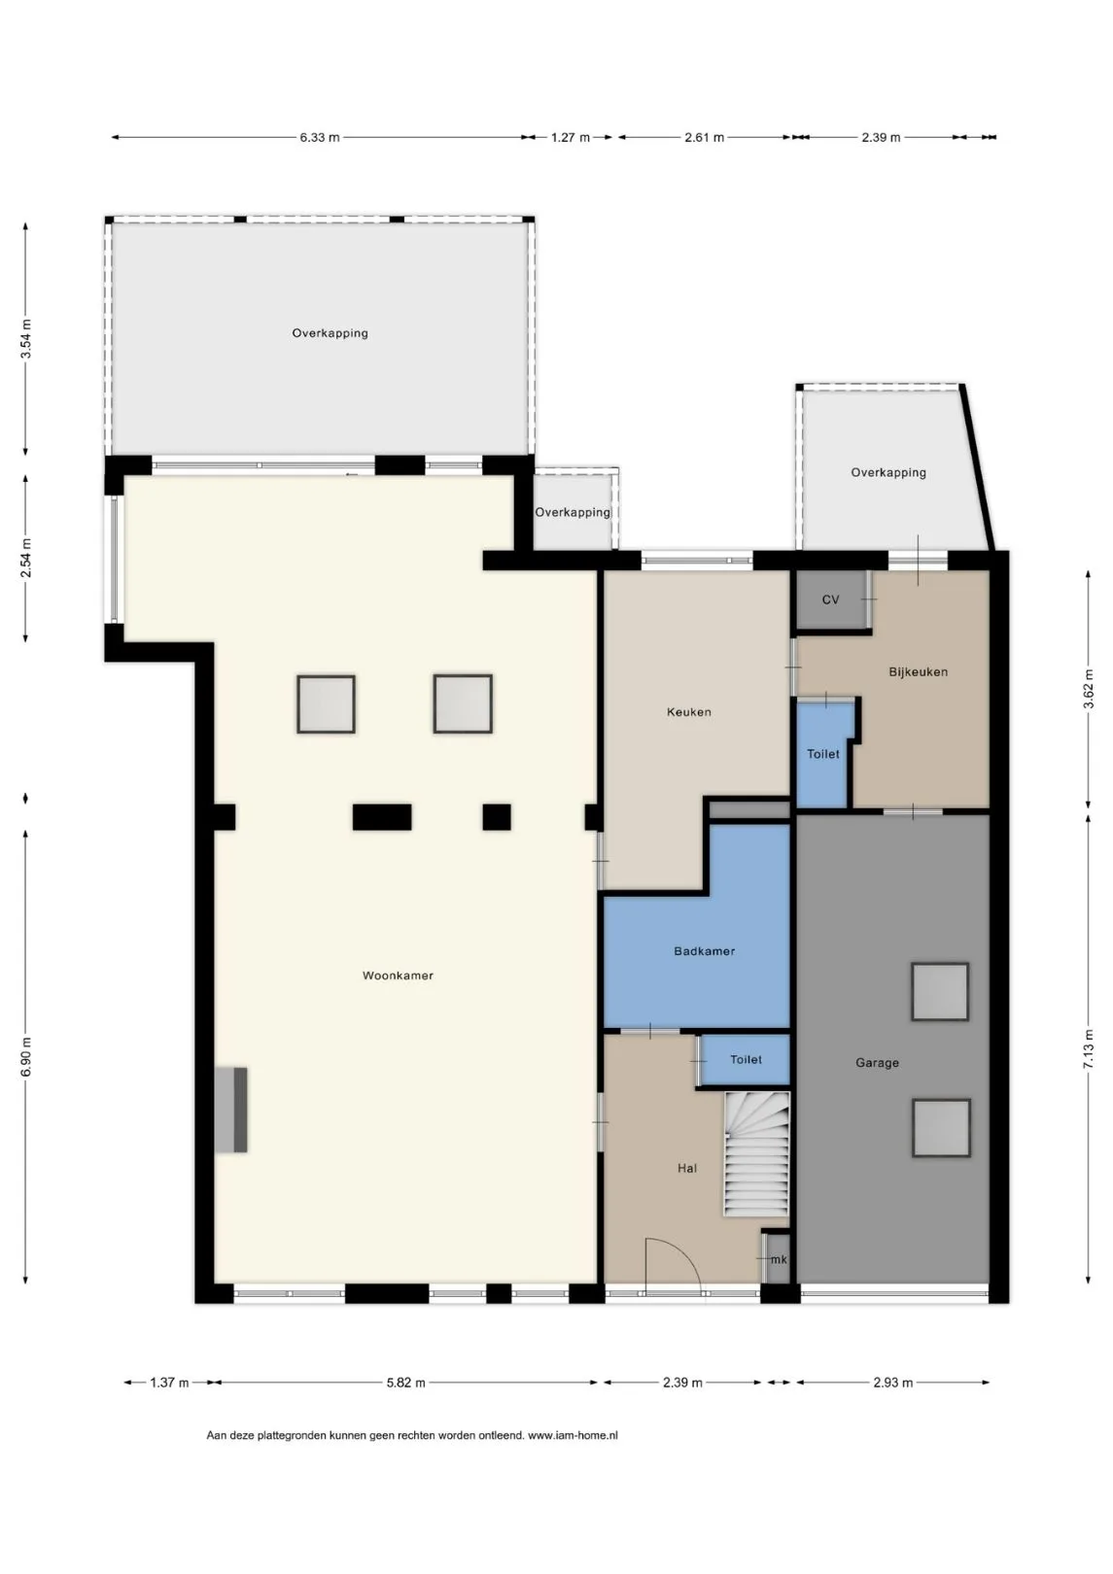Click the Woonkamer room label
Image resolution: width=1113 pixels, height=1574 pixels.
pos(398,975)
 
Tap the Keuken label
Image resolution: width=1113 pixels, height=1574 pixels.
pos(689,712)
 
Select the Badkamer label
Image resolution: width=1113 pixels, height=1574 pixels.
pos(704,951)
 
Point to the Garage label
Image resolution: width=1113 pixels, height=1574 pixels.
pos(877,1063)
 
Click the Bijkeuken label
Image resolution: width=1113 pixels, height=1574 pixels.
pos(919,671)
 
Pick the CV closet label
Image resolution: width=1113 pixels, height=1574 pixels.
pos(830,599)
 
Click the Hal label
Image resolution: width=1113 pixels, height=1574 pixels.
pos(687,1168)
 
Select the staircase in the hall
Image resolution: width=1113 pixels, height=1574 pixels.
pos(756,1154)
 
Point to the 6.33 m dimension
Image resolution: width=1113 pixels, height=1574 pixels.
pos(320,138)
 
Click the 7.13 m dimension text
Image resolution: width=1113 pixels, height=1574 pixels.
pos(1089,1049)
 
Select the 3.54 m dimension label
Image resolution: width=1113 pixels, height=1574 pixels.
pos(26,339)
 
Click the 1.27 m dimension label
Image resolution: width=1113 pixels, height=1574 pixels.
pos(571,138)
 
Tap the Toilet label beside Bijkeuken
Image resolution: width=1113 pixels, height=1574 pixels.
pos(822,754)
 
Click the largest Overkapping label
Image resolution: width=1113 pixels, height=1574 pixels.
pos(330,333)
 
